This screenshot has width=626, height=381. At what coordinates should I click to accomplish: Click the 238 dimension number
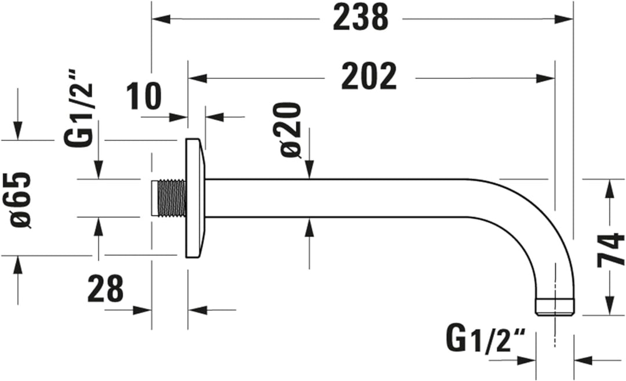[x=360, y=18]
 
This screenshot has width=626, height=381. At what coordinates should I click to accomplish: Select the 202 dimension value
[x=369, y=77]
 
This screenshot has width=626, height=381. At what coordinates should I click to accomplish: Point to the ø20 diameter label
[x=292, y=130]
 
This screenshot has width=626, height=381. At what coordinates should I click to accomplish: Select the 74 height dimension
[x=610, y=249]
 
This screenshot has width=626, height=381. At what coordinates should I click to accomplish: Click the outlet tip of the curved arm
[x=554, y=307]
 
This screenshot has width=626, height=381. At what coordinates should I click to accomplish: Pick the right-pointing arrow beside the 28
[x=143, y=310]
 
